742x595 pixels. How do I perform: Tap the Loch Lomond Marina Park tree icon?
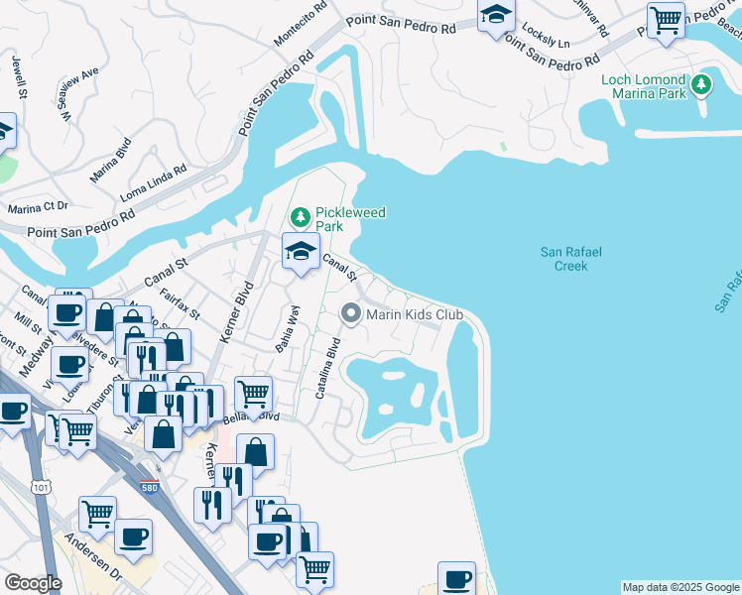pyautogui.click(x=702, y=85)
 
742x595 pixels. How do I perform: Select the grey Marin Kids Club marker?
pyautogui.click(x=351, y=314)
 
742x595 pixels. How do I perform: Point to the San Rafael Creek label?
pyautogui.click(x=570, y=259)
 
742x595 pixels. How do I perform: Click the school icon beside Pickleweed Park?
pyautogui.click(x=301, y=250)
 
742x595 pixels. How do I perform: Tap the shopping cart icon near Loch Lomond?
pyautogui.click(x=666, y=19)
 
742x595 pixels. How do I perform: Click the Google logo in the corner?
pyautogui.click(x=33, y=583)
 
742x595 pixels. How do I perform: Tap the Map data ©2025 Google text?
pyautogui.click(x=680, y=587)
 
